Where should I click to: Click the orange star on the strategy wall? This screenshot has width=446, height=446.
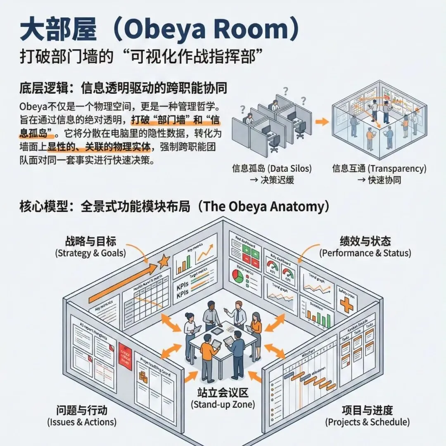[x=164, y=261]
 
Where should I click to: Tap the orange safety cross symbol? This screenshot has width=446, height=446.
[x=346, y=305]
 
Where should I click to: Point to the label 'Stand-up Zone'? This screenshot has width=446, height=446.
[x=223, y=404]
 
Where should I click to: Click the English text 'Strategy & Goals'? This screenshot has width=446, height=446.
[x=90, y=253]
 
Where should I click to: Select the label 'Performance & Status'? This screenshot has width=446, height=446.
[x=365, y=253]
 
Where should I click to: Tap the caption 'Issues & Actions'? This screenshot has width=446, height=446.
[x=82, y=422]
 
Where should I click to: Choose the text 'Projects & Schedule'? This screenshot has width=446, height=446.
[x=367, y=422]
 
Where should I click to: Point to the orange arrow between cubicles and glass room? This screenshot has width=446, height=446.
[x=322, y=122]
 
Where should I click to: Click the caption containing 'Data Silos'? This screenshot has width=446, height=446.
[x=271, y=168]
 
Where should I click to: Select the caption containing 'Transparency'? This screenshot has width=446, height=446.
[x=379, y=168]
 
